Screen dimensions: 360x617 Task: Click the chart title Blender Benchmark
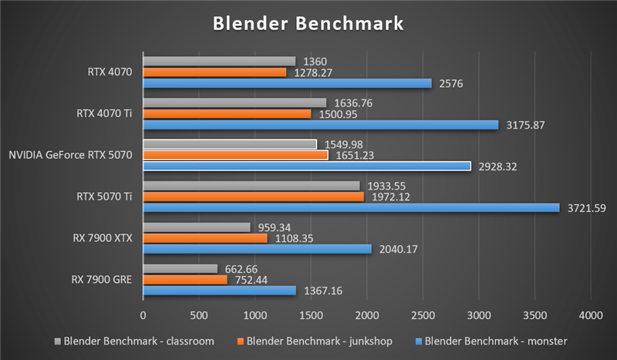click(308, 24)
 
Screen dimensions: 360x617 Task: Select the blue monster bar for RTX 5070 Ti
click(351, 207)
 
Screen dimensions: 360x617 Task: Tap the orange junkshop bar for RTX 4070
click(214, 72)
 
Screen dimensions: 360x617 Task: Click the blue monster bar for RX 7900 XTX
click(257, 249)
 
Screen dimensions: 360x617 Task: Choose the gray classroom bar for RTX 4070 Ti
click(234, 103)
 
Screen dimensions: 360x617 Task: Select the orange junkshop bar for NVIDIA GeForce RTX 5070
click(235, 155)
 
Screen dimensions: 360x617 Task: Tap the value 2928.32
click(498, 166)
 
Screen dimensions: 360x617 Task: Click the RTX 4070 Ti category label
click(105, 113)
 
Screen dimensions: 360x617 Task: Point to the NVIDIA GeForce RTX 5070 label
click(71, 155)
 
